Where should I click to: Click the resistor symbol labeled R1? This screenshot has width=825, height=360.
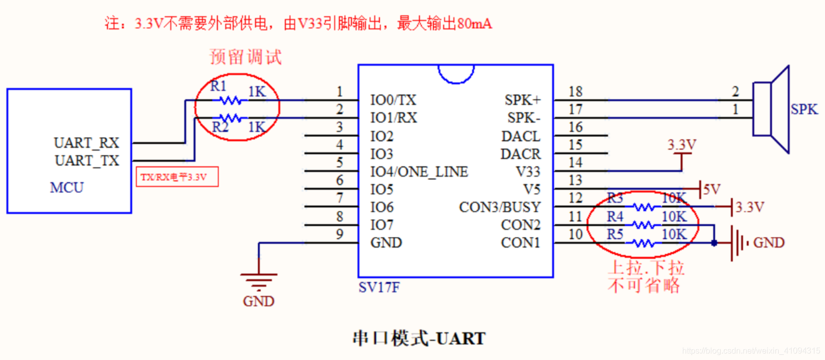230,100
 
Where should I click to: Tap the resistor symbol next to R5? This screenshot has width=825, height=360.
644,243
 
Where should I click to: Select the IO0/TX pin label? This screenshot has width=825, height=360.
393,100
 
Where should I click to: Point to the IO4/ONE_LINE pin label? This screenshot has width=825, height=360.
419,172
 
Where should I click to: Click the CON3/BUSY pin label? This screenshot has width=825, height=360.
500,207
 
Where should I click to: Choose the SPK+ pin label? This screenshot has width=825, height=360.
522,100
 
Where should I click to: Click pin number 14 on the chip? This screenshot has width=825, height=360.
575,163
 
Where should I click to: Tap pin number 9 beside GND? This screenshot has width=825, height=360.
340,234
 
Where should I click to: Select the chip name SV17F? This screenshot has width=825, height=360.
379,288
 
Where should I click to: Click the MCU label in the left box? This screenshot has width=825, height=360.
67,188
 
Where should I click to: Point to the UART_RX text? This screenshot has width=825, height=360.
86,143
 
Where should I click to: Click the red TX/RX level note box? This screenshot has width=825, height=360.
177,177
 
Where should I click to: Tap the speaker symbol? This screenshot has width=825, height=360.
771,109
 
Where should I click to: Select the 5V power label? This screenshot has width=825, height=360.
712,190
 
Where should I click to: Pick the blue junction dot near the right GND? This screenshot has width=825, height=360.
714,243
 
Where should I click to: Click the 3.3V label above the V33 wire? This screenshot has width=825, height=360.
682,145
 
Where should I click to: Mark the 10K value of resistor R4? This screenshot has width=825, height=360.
674,217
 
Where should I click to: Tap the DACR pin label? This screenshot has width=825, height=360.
520,154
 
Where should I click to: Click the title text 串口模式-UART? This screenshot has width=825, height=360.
419,339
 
